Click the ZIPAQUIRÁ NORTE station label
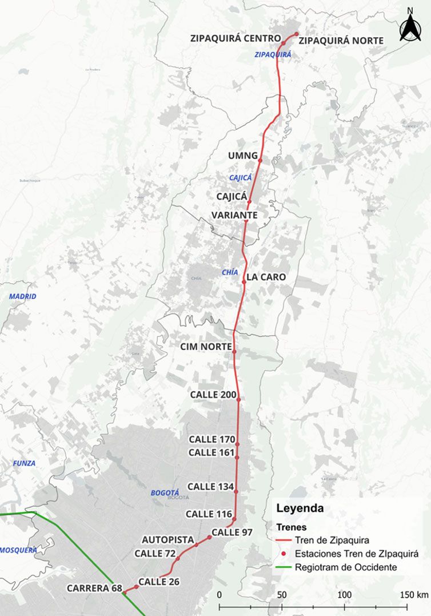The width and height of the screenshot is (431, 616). pyautogui.click(x=341, y=40)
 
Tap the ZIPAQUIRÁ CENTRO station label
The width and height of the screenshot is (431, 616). pyautogui.click(x=236, y=38)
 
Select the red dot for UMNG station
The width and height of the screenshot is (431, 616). pyautogui.click(x=260, y=161)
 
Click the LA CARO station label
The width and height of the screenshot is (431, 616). pyautogui.click(x=266, y=277)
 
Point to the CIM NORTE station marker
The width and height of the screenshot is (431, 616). pyautogui.click(x=234, y=352)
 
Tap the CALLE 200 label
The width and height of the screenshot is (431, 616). pyautogui.click(x=212, y=395)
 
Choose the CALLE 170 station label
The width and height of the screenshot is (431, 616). pyautogui.click(x=211, y=439)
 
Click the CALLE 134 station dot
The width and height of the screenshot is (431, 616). pyautogui.click(x=236, y=491)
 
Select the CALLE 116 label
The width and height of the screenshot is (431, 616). pyautogui.click(x=209, y=514)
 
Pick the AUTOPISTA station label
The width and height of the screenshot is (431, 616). pyautogui.click(x=168, y=539)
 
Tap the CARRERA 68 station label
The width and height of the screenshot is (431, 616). pyautogui.click(x=93, y=588)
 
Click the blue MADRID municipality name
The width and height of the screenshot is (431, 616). pyautogui.click(x=22, y=296)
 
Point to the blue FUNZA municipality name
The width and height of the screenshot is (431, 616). pyautogui.click(x=24, y=463)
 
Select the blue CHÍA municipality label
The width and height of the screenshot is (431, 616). pyautogui.click(x=230, y=273)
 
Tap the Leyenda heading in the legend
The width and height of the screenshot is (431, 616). pyautogui.click(x=300, y=508)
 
